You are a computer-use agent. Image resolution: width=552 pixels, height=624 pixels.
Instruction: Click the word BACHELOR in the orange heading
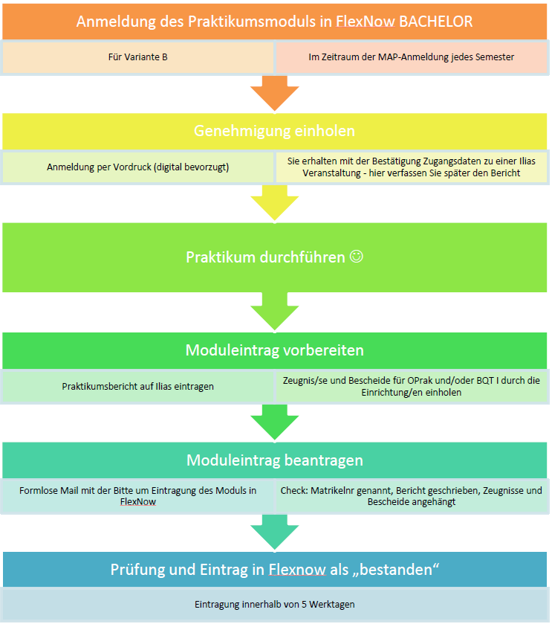point(435,22)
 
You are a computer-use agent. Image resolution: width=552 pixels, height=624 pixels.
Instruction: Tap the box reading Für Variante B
point(137,57)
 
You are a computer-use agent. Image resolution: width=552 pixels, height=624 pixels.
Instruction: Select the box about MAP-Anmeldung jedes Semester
point(412,57)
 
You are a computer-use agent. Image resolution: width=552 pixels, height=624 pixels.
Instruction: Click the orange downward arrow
point(275,93)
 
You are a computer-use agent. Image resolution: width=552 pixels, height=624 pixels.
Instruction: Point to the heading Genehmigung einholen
point(275,131)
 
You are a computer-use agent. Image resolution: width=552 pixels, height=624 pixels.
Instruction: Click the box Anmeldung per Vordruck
point(137,167)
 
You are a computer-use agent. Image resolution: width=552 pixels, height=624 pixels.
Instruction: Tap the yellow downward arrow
point(275,203)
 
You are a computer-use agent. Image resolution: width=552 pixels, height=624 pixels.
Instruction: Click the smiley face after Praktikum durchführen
point(357,257)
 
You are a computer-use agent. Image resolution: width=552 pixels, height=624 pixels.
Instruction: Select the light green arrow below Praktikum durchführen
point(275,312)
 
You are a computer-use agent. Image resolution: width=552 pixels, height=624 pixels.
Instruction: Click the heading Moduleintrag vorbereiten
point(275,350)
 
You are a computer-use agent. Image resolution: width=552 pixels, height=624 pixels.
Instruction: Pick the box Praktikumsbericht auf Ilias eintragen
point(137,387)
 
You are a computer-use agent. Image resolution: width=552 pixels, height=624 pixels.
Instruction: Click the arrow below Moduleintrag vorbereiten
point(275,422)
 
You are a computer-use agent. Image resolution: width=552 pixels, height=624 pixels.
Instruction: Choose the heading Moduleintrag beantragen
point(275,460)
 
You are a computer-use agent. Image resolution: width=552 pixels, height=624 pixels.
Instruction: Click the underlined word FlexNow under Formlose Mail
point(138,502)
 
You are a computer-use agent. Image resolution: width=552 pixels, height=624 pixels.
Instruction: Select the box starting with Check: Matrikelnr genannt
point(412,496)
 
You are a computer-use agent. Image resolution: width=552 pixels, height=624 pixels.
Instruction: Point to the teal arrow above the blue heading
point(275,533)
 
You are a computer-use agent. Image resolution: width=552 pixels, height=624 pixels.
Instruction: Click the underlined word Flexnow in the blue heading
point(297,570)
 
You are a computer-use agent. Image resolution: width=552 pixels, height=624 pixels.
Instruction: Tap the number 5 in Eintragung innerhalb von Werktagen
point(304,605)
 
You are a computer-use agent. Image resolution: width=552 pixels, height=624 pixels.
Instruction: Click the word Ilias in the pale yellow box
point(527,161)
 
